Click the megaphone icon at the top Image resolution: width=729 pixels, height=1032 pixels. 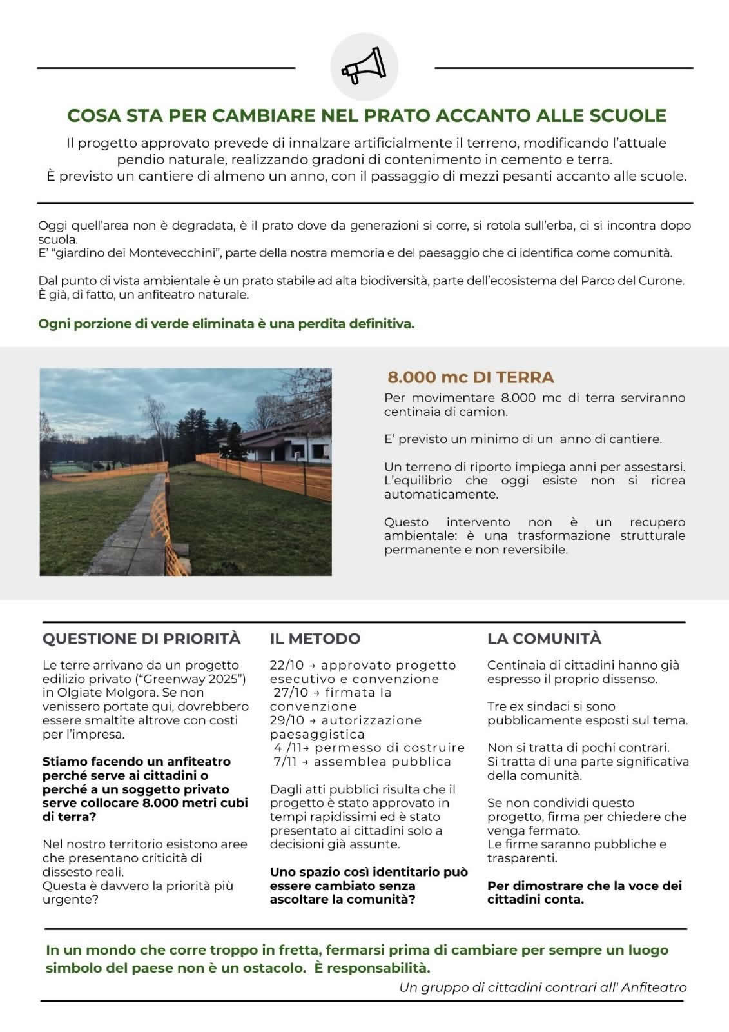pyautogui.click(x=364, y=67)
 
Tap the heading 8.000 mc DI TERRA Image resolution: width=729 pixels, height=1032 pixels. pyautogui.click(x=471, y=377)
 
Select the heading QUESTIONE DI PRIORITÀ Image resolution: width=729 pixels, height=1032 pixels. pyautogui.click(x=141, y=639)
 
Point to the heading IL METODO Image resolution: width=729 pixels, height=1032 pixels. pyautogui.click(x=315, y=639)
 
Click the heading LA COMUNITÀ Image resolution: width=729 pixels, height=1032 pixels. pyautogui.click(x=544, y=639)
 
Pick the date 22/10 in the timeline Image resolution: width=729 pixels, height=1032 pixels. pyautogui.click(x=286, y=665)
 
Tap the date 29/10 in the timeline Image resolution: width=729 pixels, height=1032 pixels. pyautogui.click(x=286, y=720)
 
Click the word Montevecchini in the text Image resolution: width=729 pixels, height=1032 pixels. pyautogui.click(x=171, y=253)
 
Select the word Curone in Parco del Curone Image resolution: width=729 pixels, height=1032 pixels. pyautogui.click(x=661, y=281)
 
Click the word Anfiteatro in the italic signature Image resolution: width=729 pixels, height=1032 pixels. pyautogui.click(x=654, y=987)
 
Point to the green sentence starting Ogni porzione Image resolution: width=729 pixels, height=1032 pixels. pyautogui.click(x=226, y=323)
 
